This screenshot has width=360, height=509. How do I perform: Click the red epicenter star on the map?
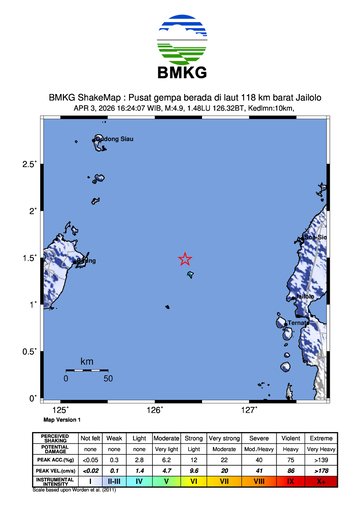click(x=185, y=258)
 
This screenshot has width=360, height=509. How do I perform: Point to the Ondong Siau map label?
click(x=112, y=139)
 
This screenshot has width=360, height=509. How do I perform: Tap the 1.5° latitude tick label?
click(x=32, y=257)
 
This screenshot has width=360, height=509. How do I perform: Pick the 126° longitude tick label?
click(x=155, y=409)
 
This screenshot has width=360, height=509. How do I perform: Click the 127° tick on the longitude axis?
click(x=250, y=409)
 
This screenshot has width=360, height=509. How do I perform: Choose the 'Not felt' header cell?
click(x=90, y=439)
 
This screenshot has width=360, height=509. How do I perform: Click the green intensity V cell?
click(x=140, y=481)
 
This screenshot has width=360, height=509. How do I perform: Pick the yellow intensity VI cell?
click(x=166, y=481)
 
